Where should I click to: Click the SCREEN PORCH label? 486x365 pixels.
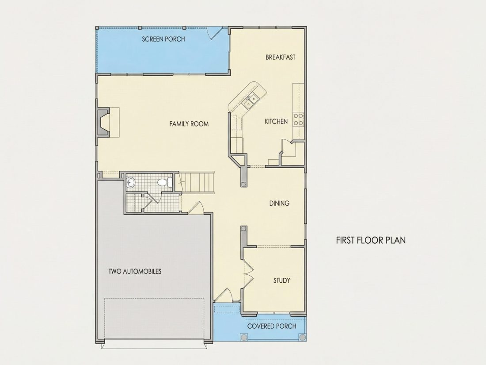click(x=163, y=39)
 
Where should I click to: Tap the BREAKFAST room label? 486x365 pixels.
click(x=281, y=57)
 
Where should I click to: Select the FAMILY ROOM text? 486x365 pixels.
click(x=189, y=124)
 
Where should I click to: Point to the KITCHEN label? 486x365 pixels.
click(x=276, y=121)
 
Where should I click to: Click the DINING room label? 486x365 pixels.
click(x=279, y=204)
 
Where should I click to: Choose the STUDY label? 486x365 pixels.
click(x=282, y=280)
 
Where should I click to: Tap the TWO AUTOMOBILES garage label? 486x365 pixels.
click(x=135, y=271)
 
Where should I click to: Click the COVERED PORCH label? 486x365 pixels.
click(x=272, y=326)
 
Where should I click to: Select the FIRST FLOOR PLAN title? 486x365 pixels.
click(x=371, y=240)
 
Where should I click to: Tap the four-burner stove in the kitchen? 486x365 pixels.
click(x=299, y=119)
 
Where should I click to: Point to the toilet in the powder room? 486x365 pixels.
click(x=165, y=182)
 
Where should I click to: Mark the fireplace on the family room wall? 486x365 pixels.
click(x=103, y=122)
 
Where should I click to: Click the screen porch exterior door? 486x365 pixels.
click(x=215, y=33)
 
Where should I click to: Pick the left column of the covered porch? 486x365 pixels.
click(x=244, y=337)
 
